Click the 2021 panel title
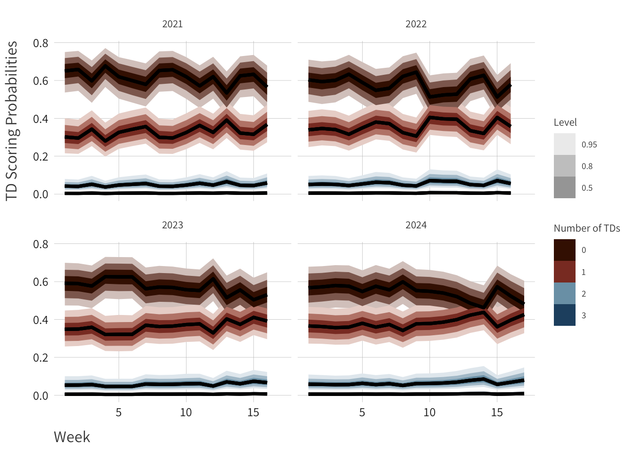pos(172,24)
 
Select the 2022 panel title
pos(416,24)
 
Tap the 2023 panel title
pos(172,225)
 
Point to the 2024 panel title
pos(416,225)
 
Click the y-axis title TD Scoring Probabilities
pos(12,121)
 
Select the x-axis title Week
pos(72,437)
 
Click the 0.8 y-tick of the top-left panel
pos(41,43)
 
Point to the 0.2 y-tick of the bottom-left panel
pos(41,358)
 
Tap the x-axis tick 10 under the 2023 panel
pos(186,412)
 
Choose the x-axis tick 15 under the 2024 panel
pos(497,412)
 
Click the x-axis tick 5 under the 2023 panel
pos(119,412)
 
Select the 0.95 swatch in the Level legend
pos(564,144)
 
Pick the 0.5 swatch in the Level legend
pos(564,187)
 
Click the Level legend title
pos(565,122)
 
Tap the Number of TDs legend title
pos(587,228)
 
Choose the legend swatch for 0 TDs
pos(564,250)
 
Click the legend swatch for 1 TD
pos(564,272)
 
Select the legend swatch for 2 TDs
pos(564,293)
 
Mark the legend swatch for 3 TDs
pos(564,315)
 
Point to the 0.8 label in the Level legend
pos(587,166)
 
